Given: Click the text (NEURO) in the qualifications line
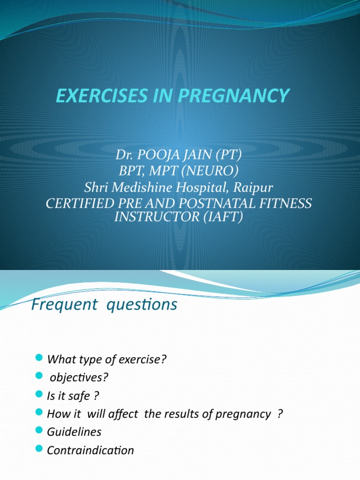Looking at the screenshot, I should coord(215,171).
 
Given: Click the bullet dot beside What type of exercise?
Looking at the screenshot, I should coord(39,359).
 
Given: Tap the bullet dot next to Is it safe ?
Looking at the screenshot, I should coord(39,396).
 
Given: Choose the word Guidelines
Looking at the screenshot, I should coord(74,432).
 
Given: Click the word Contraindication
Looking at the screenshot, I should coord(90,450).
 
